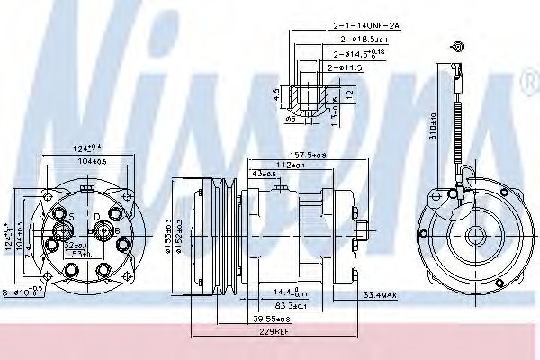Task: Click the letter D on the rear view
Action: [x=97, y=216]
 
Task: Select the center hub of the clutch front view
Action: [x=473, y=237]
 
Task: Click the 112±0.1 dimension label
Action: [x=291, y=165]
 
